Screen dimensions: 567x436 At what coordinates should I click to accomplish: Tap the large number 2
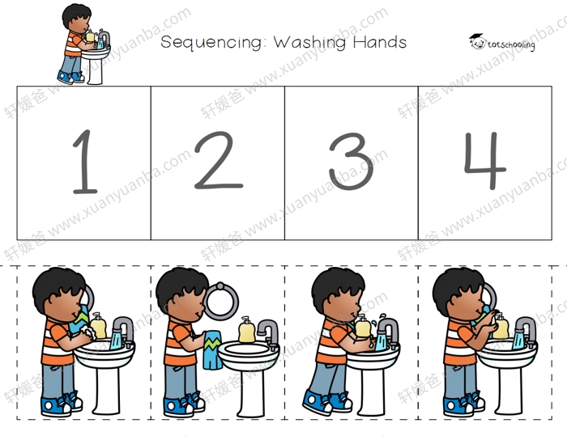coord(219,161)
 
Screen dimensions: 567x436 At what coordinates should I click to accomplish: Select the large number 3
coord(351,162)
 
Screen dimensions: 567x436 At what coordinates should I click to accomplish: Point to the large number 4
coord(485,161)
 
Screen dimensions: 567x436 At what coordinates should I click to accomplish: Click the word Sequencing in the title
coord(211,42)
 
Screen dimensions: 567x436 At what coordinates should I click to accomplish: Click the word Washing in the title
coord(309,42)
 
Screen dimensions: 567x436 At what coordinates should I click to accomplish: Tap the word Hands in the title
coord(380,42)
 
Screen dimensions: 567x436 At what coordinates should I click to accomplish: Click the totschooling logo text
coord(510,44)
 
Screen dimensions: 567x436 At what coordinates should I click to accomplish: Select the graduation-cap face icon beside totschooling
coord(477,41)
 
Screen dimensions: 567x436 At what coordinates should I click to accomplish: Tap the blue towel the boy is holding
coord(212,350)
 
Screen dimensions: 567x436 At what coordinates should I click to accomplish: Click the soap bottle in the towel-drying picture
coord(246,329)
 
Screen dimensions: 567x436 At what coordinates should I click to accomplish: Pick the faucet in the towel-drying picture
coord(270,332)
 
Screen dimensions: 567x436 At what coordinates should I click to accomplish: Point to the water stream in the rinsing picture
coord(381,341)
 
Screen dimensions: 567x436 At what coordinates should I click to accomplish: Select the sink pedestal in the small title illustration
coord(95,71)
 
